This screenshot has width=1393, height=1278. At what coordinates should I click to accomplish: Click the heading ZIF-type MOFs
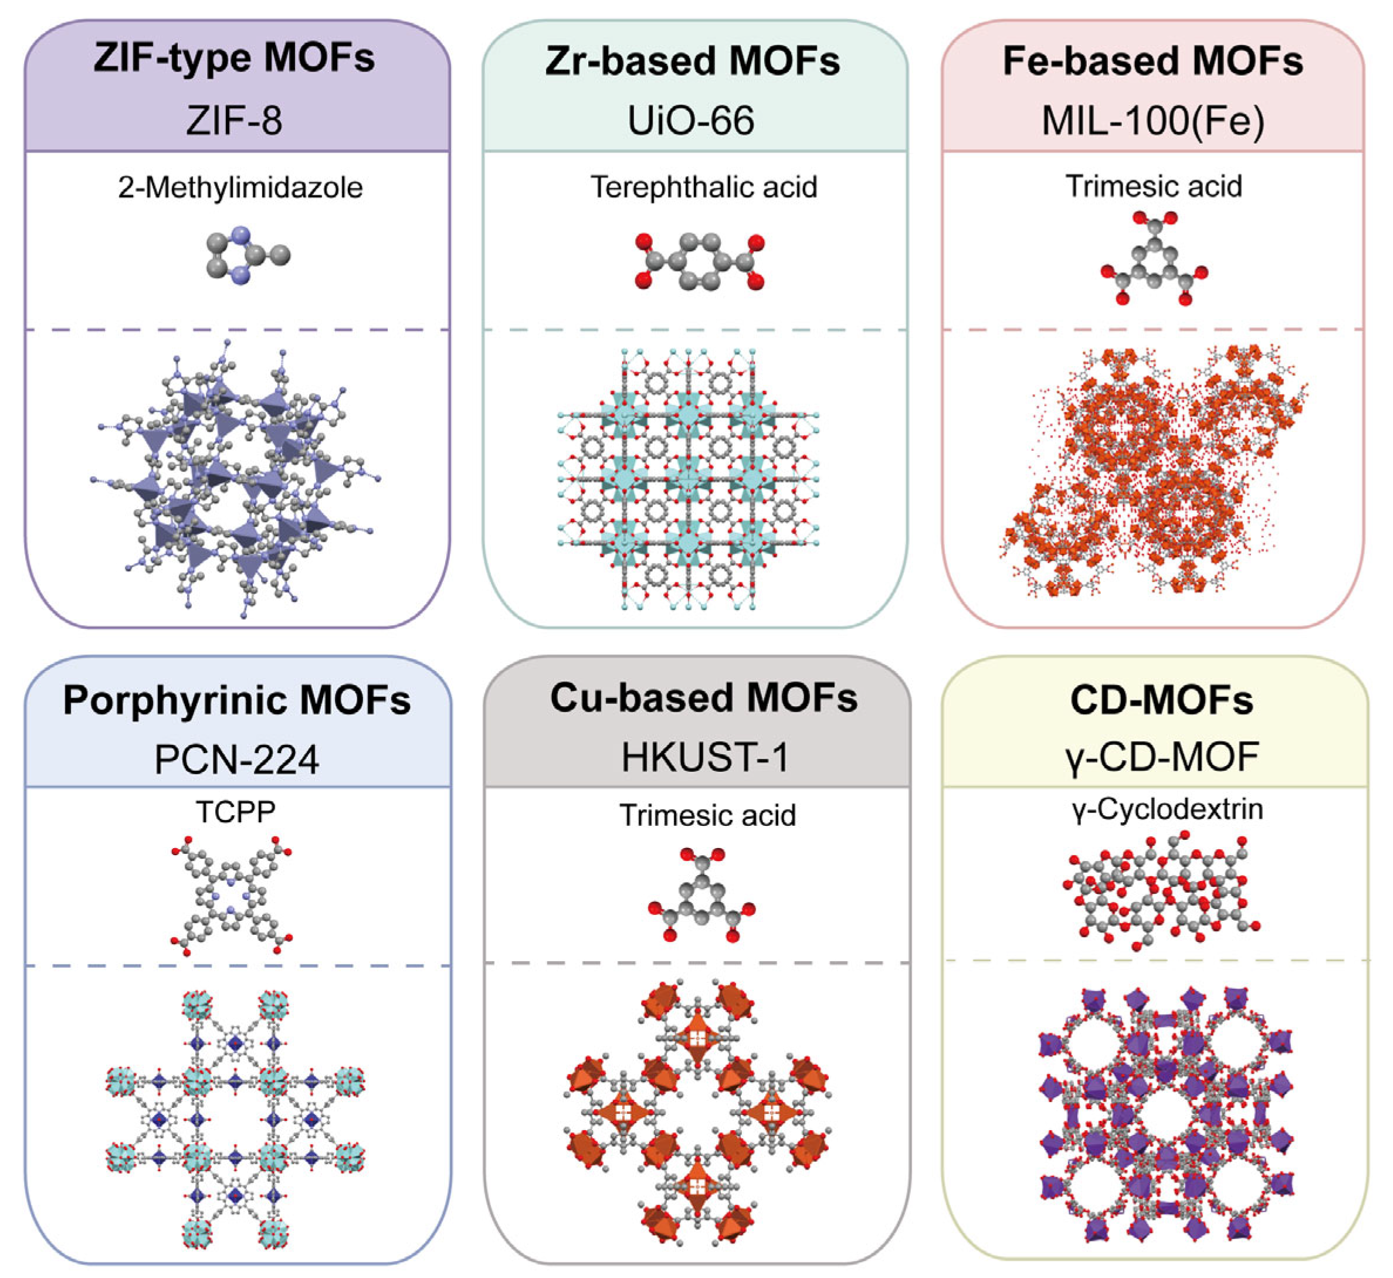(235, 57)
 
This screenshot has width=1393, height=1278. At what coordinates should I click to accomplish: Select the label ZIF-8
(235, 120)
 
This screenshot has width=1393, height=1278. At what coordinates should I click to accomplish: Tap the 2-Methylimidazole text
(240, 188)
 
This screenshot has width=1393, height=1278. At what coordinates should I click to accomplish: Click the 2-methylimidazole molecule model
(248, 255)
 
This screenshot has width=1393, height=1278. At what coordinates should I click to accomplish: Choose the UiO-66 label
(691, 120)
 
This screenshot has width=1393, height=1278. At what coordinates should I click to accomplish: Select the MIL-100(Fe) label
(1154, 121)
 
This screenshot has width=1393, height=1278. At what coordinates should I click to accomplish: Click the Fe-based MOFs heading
(1154, 61)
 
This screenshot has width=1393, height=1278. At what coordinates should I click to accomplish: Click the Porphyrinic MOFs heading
(237, 700)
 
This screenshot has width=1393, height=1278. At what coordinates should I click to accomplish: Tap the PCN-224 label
(236, 760)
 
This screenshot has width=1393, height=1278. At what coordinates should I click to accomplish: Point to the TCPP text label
(236, 811)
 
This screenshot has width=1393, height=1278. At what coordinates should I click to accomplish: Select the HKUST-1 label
(705, 757)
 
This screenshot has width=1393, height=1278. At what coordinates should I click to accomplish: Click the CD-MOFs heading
(1161, 700)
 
